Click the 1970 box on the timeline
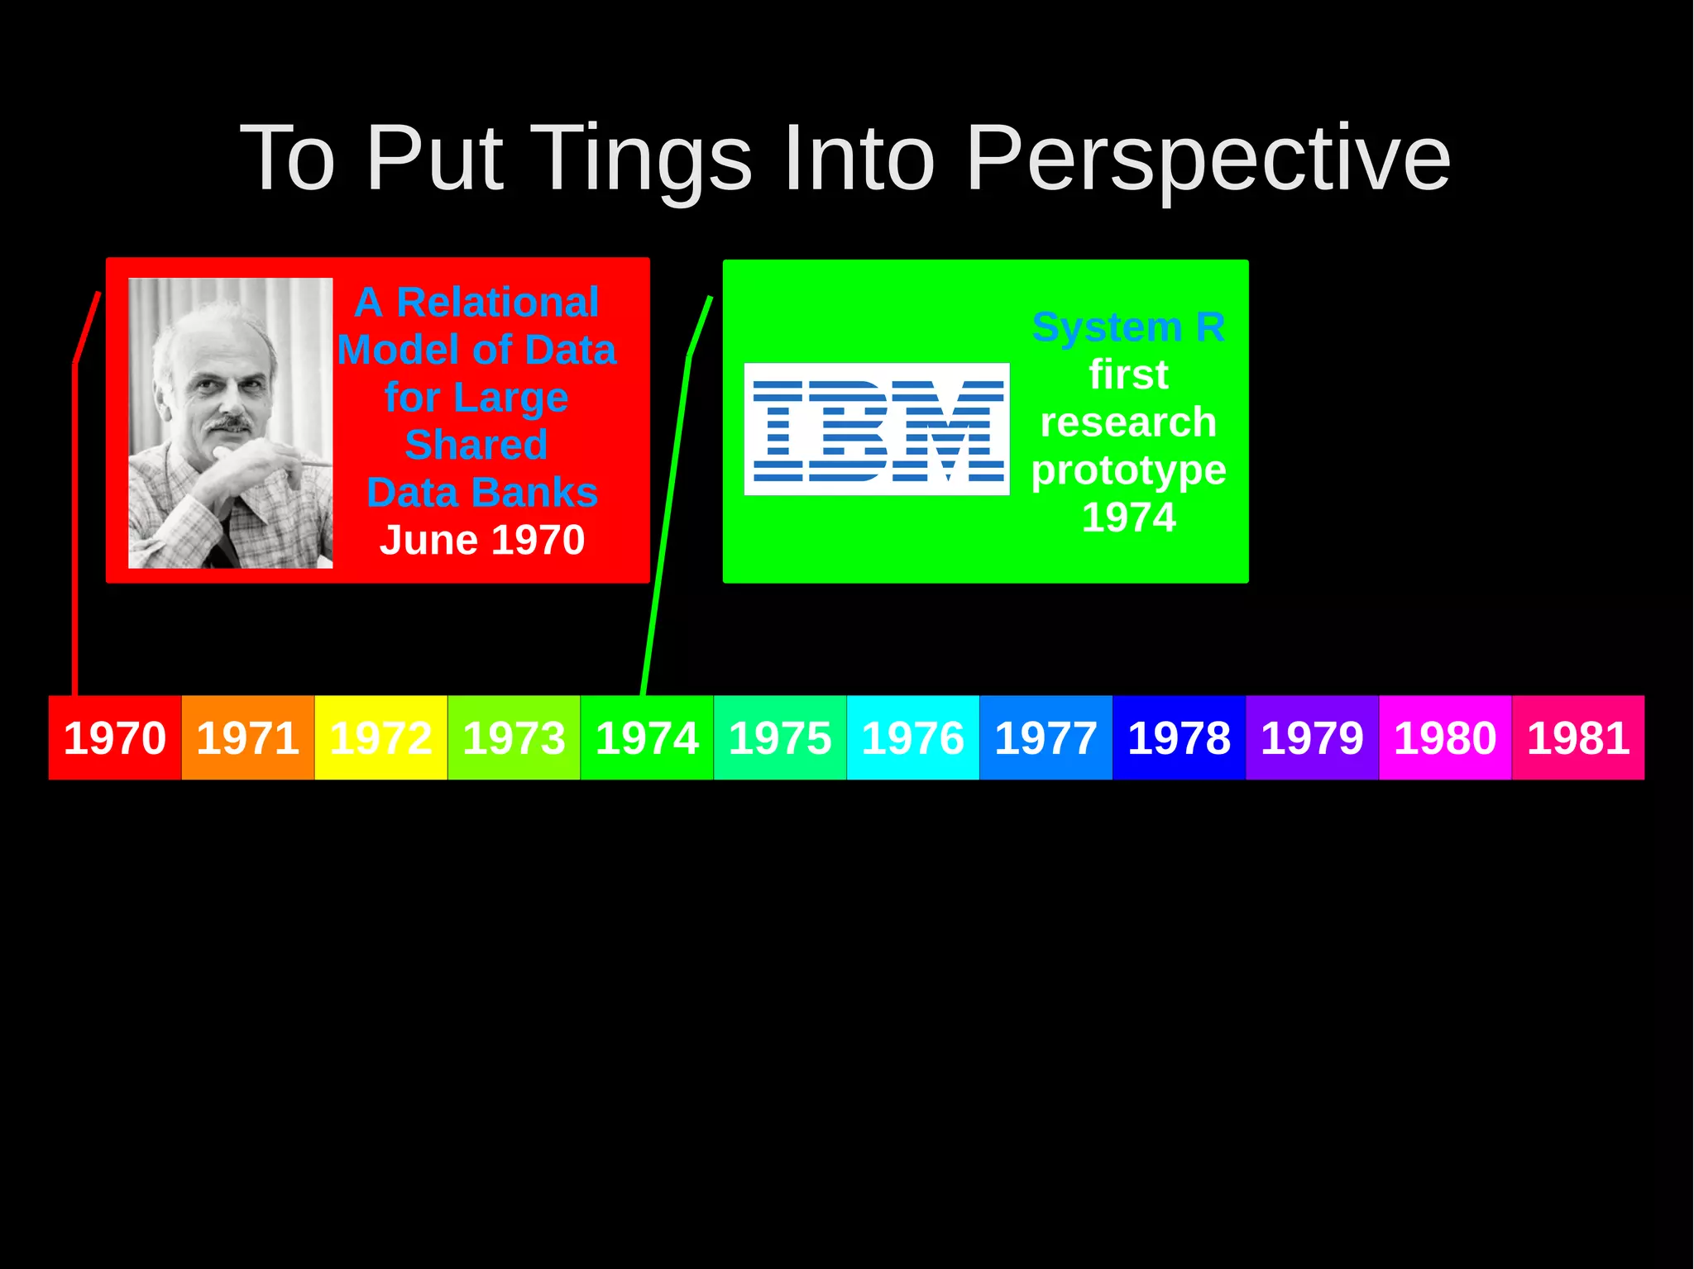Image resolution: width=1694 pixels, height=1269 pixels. (115, 737)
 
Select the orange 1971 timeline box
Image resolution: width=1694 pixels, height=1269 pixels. (248, 737)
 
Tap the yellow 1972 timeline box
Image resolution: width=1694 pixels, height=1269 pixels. (380, 737)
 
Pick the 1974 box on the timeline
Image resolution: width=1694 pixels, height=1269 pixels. (647, 737)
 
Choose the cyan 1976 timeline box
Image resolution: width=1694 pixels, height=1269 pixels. (912, 737)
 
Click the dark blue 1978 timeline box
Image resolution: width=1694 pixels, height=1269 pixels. (1179, 737)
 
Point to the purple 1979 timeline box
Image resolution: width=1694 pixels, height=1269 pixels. (1312, 737)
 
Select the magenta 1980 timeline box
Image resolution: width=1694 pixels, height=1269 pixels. (1445, 737)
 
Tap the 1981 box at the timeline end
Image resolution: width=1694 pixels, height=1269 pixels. (1578, 737)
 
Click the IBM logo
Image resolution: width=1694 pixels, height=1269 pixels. (877, 429)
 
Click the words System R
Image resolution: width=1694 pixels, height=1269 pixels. (1128, 327)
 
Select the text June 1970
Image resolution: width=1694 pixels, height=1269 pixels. (482, 540)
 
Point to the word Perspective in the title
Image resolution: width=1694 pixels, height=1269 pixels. (1208, 159)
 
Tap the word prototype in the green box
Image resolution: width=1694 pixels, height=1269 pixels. (1128, 470)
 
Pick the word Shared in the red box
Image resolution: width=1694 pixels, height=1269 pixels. (476, 445)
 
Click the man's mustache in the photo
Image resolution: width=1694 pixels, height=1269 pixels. (227, 424)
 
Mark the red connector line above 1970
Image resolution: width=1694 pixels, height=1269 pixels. (74, 529)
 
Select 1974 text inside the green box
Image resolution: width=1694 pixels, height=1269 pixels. (1128, 518)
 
